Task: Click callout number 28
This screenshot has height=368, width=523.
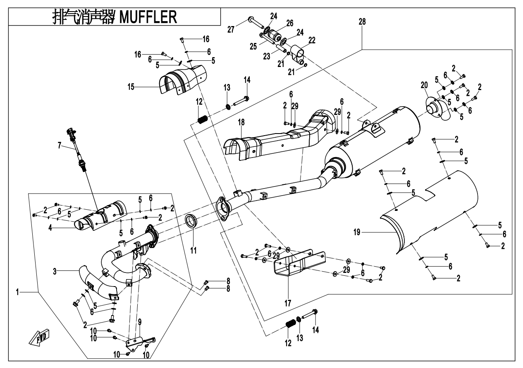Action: click(x=362, y=21)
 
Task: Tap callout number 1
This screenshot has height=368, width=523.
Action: click(x=18, y=292)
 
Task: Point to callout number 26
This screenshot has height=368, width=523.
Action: click(x=289, y=23)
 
